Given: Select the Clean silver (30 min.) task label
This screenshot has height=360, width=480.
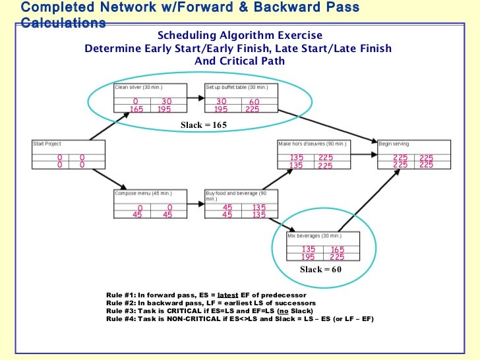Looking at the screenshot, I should coord(138,87).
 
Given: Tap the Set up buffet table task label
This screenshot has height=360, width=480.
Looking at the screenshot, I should coord(237,87).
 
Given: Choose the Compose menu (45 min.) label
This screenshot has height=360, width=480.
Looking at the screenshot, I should coord(139,193).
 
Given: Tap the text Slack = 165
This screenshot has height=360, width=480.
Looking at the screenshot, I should coord(202,125).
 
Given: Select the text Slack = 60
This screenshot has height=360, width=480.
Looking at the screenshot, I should coord(320,270).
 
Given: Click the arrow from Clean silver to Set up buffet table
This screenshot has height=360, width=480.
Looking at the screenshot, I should coord(192,98).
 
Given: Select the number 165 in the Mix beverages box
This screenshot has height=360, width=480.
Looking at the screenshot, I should coord(338,249).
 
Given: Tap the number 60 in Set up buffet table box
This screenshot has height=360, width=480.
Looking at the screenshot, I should coord(254,102).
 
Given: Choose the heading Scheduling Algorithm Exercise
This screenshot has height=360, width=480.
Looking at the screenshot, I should coord(240,35).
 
